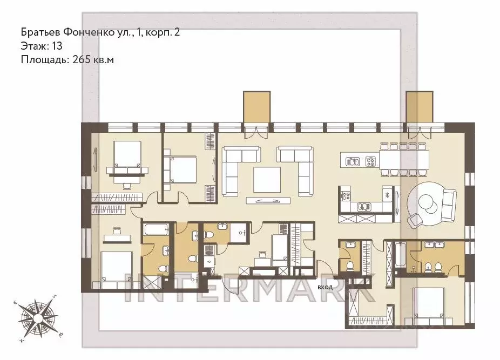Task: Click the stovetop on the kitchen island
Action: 370,161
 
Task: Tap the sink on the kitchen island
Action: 353,161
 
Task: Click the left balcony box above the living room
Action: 256,107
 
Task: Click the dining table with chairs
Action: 404,159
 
